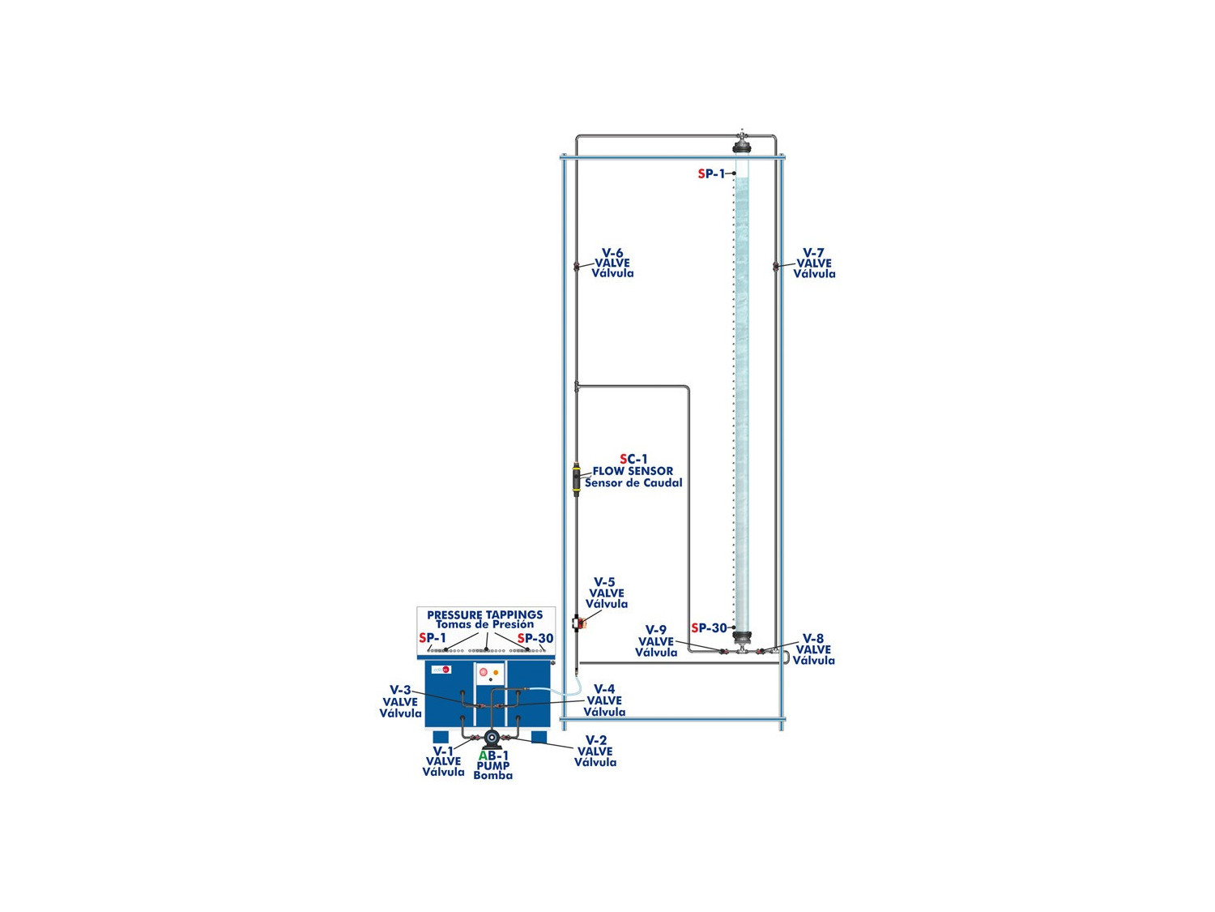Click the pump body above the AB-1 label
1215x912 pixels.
point(492,738)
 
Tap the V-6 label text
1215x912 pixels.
point(612,253)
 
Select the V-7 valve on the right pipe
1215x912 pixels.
point(775,267)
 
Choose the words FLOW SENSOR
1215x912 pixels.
point(633,471)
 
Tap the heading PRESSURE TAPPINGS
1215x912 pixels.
point(485,614)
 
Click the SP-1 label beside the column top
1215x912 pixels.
point(711,173)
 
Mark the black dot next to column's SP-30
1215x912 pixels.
point(734,628)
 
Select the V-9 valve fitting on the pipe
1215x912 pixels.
point(723,652)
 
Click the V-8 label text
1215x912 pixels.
point(814,639)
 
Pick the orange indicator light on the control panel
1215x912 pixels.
point(496,673)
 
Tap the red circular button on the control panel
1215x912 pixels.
point(484,672)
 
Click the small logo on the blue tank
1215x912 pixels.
point(441,670)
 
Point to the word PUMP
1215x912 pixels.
point(492,766)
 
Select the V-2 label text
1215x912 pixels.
point(595,740)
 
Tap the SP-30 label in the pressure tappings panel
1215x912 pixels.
point(535,639)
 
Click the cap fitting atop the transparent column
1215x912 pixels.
point(741,144)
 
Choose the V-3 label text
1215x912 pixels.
point(400,690)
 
